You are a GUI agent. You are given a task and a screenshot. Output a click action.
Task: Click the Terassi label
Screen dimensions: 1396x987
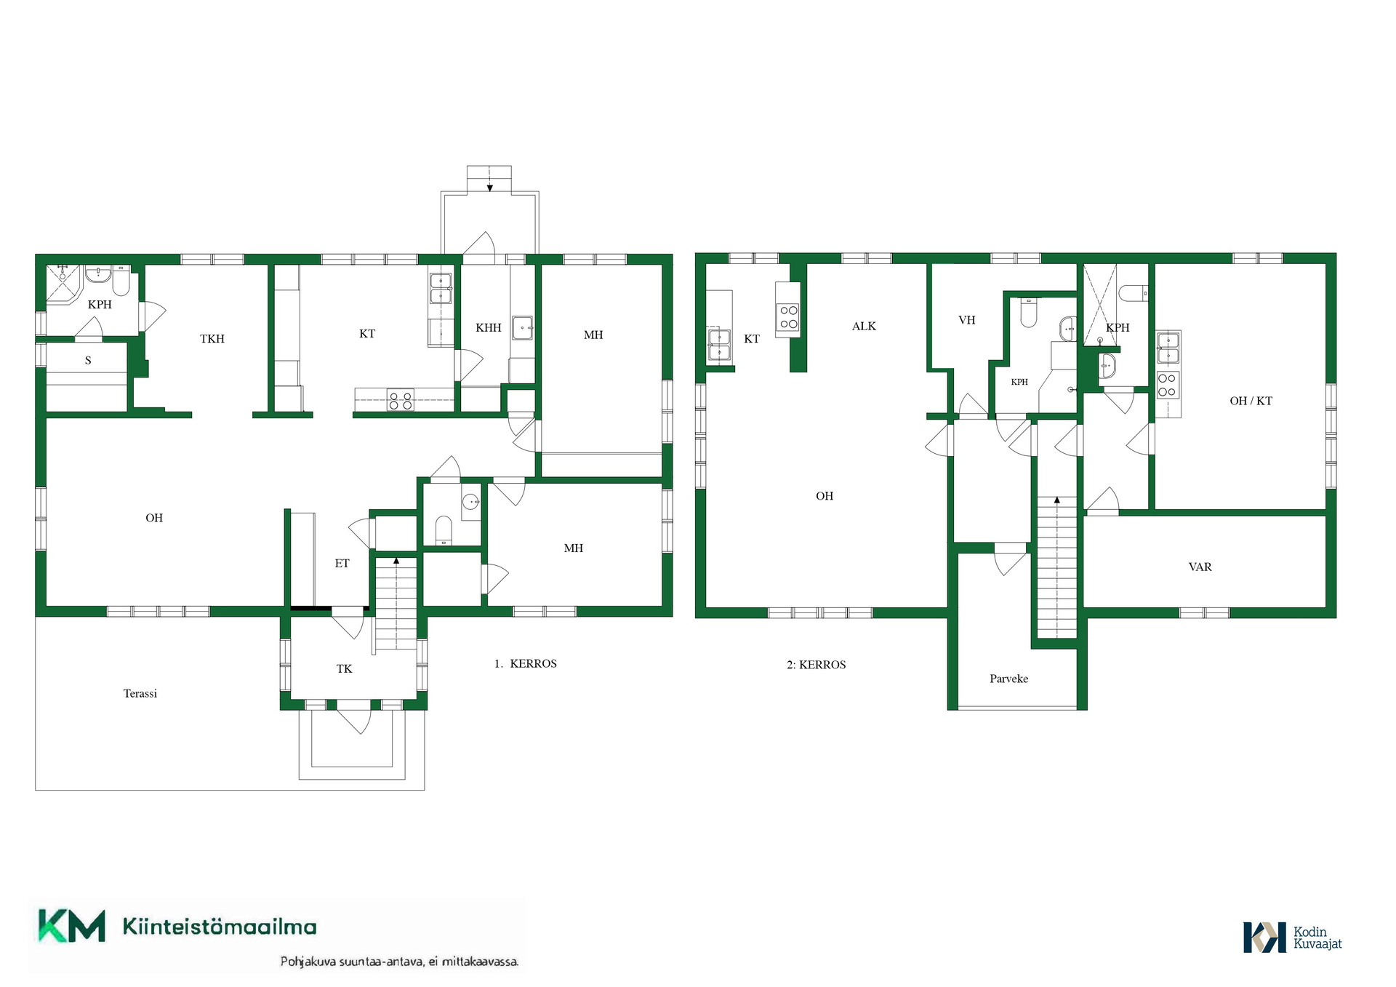[x=140, y=694]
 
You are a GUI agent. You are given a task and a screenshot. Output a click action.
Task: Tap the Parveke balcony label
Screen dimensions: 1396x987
[x=1008, y=679]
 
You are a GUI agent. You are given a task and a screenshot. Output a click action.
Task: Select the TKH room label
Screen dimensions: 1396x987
[x=212, y=339]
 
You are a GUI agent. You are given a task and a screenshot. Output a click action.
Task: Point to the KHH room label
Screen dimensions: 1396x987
[x=489, y=328]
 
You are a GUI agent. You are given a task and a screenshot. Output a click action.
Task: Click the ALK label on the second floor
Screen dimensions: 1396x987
[x=864, y=327]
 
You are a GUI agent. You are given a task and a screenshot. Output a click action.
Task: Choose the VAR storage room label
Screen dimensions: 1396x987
[x=1200, y=567]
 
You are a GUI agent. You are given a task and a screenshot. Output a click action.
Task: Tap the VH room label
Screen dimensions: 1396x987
[x=966, y=320]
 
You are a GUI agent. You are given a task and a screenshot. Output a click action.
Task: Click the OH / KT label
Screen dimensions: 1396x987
[x=1251, y=401]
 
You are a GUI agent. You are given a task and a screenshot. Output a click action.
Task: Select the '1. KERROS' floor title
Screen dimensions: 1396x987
[x=525, y=664]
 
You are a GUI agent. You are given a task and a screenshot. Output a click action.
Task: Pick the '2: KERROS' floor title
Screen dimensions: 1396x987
[x=816, y=665]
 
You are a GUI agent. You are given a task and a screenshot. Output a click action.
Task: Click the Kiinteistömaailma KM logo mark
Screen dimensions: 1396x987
[x=71, y=926]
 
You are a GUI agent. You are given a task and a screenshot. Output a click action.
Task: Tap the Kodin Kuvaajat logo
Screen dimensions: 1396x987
[x=1292, y=938]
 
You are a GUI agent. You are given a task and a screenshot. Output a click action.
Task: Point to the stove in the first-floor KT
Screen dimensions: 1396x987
[x=400, y=400]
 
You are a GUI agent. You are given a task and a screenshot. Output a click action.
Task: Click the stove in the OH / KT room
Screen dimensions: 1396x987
[x=1167, y=385]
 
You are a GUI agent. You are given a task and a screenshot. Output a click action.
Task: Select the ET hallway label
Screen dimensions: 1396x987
[x=342, y=564]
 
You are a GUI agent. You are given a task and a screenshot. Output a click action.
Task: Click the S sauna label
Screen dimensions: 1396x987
[x=88, y=361]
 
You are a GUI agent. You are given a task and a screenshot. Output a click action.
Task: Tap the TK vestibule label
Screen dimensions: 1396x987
[x=344, y=669]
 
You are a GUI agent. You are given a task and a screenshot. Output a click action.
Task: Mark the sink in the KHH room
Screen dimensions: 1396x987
[x=522, y=328]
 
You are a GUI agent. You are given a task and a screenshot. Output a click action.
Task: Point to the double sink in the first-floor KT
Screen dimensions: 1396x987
[x=441, y=288]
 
